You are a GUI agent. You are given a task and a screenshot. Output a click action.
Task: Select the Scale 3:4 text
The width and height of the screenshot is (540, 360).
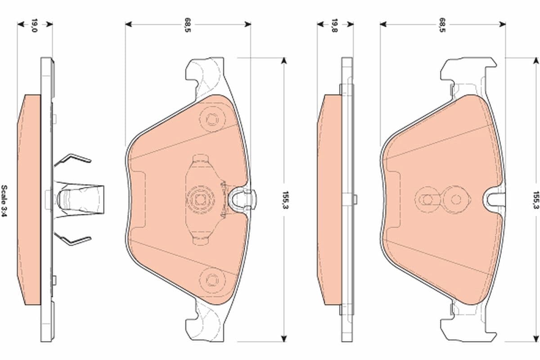click(4, 201)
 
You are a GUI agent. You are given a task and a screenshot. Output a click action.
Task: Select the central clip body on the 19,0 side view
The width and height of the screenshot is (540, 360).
click(79, 198)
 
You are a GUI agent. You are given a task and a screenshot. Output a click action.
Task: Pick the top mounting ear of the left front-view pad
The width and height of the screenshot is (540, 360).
click(205, 72)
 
